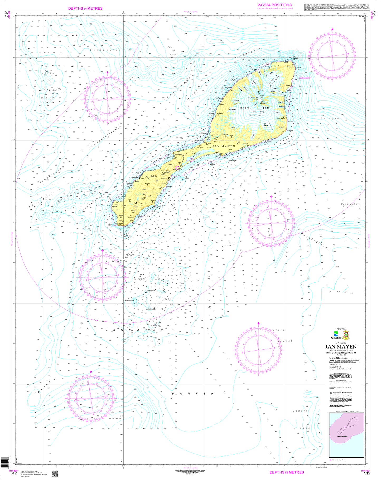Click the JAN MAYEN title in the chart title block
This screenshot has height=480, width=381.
[x=341, y=347]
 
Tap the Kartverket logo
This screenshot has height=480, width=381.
[x=336, y=335]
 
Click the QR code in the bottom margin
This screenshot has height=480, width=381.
[x=55, y=473]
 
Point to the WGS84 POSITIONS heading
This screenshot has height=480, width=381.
[x=274, y=5]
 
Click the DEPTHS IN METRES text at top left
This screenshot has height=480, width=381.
[x=85, y=8]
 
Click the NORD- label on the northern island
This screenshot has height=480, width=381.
[x=245, y=108]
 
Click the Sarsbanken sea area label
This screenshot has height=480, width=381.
[x=350, y=204]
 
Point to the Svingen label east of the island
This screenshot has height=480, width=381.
[x=330, y=119]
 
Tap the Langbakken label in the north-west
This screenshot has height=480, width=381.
[x=105, y=50]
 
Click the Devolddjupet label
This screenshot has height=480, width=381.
[x=315, y=241]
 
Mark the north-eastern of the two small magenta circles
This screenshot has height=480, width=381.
[x=191, y=160]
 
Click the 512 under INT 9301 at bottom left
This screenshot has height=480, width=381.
[x=14, y=473]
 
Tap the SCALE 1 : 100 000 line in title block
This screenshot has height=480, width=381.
[x=341, y=350]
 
